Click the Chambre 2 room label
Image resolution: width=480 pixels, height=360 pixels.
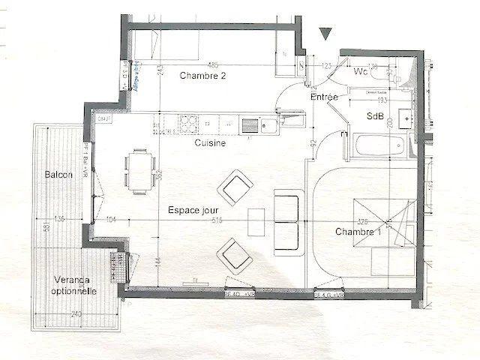202,76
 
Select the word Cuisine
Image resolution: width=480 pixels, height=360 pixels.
210,142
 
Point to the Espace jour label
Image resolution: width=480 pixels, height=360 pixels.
193,210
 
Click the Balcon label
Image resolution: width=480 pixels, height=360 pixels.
58,174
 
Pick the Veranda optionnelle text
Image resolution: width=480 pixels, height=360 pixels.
73,285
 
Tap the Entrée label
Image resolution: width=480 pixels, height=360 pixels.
324,97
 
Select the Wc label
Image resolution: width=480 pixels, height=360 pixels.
361,72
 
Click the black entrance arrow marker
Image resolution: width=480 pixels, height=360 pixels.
325,33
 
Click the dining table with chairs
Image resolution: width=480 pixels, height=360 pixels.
138,170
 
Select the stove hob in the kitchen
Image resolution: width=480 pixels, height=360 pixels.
186,122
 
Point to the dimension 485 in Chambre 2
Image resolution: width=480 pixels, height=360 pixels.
212,64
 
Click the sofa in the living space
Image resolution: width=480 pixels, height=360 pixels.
286,220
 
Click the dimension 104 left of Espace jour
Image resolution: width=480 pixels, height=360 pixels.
111,220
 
